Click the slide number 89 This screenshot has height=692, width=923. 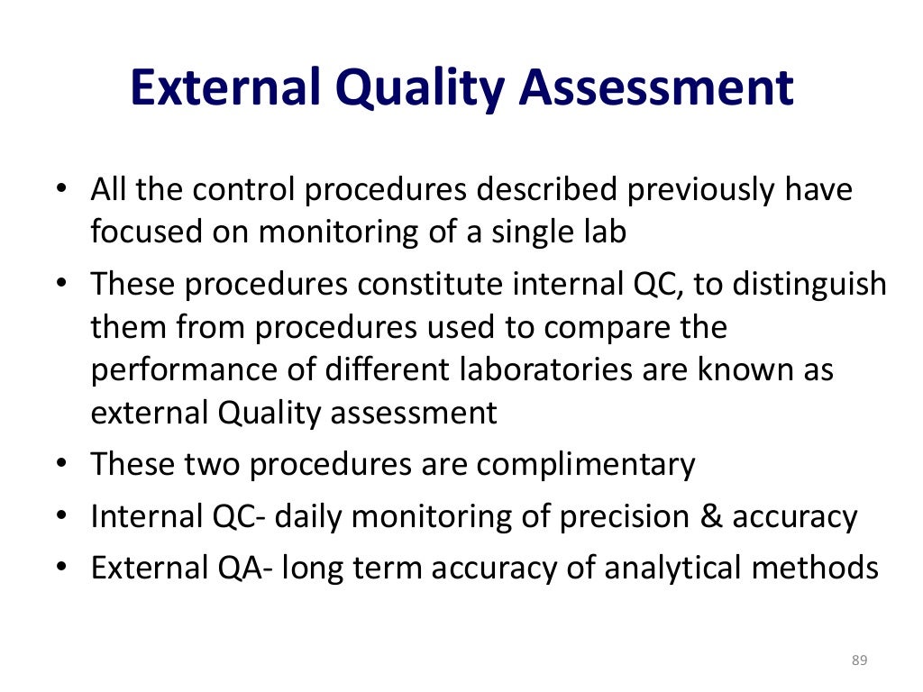(858, 662)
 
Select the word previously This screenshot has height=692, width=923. (690, 190)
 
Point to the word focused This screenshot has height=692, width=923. (143, 232)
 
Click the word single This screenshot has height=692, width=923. (532, 233)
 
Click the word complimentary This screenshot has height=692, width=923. (586, 465)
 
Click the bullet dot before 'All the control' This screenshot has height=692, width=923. (61, 190)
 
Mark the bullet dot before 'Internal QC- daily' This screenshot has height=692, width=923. (61, 517)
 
